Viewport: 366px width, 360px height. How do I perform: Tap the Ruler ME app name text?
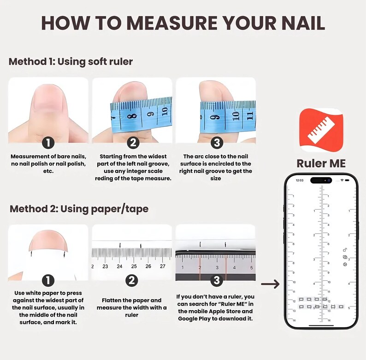[x=322, y=163]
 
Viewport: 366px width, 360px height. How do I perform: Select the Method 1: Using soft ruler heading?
[x=71, y=61]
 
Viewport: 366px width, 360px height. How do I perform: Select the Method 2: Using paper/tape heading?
[x=79, y=208]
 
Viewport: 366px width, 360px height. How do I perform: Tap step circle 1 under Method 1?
[x=48, y=142]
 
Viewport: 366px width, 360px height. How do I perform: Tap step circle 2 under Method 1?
[x=132, y=142]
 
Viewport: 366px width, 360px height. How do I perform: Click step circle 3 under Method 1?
[x=216, y=142]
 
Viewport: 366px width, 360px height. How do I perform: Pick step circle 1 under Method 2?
[x=48, y=280]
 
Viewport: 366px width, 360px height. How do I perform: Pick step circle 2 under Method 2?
[x=132, y=280]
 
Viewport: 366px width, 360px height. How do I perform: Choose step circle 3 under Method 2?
[x=216, y=280]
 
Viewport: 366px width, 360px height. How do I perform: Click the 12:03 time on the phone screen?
[x=300, y=180]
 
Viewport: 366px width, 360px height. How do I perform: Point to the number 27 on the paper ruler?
[x=162, y=266]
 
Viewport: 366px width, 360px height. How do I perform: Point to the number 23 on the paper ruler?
[x=105, y=266]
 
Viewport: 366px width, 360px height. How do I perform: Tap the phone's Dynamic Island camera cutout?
[x=321, y=180]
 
